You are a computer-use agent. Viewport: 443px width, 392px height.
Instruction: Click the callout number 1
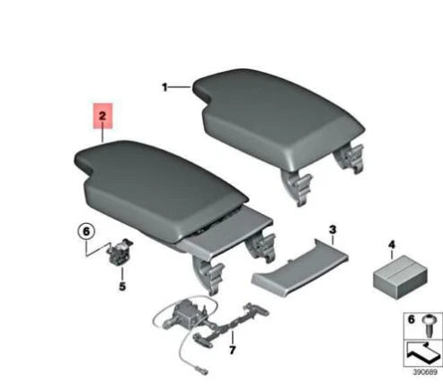pos(165,87)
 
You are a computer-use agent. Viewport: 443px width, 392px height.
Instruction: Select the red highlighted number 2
pos(102,116)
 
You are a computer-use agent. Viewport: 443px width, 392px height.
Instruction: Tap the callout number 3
pos(332,230)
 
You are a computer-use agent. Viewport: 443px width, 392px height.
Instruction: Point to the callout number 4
pos(391,244)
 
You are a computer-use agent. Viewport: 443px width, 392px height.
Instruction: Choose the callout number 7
pos(231,350)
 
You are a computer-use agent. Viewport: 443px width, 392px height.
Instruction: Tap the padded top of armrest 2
pos(153,171)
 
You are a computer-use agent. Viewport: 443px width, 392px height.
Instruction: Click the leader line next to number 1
pos(180,87)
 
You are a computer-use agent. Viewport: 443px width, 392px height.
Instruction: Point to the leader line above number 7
pos(232,333)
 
